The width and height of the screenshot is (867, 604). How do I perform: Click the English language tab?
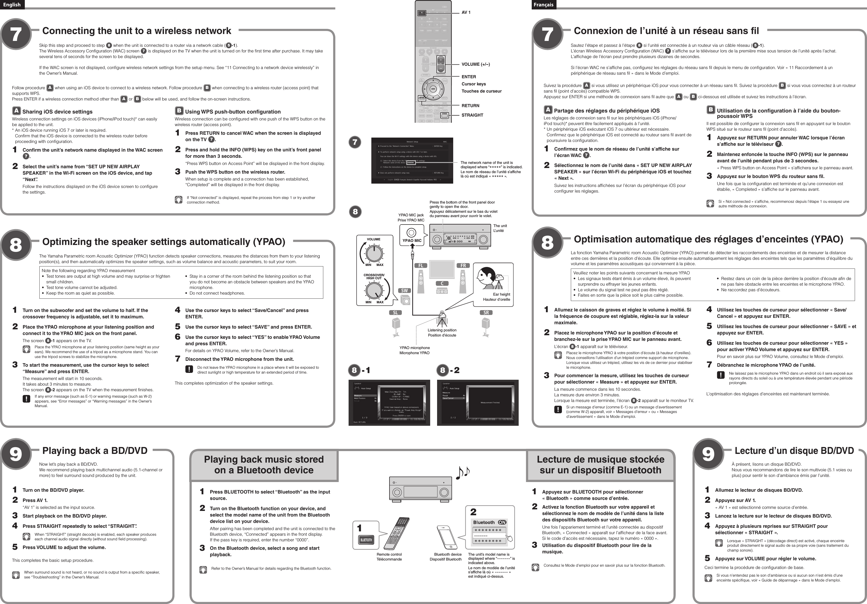pyautogui.click(x=12, y=5)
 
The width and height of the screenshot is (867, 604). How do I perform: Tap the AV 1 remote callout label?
pyautogui.click(x=466, y=13)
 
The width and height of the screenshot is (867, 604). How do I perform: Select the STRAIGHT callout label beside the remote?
pyautogui.click(x=472, y=115)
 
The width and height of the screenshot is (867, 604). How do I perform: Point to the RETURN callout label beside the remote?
pyautogui.click(x=470, y=106)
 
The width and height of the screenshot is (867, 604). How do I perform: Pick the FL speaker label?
pyautogui.click(x=421, y=266)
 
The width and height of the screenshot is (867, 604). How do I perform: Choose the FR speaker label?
pyautogui.click(x=463, y=266)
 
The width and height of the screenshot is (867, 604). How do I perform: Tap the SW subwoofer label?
pyautogui.click(x=404, y=291)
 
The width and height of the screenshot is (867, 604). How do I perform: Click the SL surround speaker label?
pyautogui.click(x=395, y=312)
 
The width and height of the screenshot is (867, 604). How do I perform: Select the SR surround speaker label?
pyautogui.click(x=486, y=312)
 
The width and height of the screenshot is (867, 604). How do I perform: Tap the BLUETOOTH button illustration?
pyautogui.click(x=366, y=540)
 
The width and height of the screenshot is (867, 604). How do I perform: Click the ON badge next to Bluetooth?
pyautogui.click(x=502, y=522)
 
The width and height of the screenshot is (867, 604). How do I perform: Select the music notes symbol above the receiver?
pyautogui.click(x=463, y=473)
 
